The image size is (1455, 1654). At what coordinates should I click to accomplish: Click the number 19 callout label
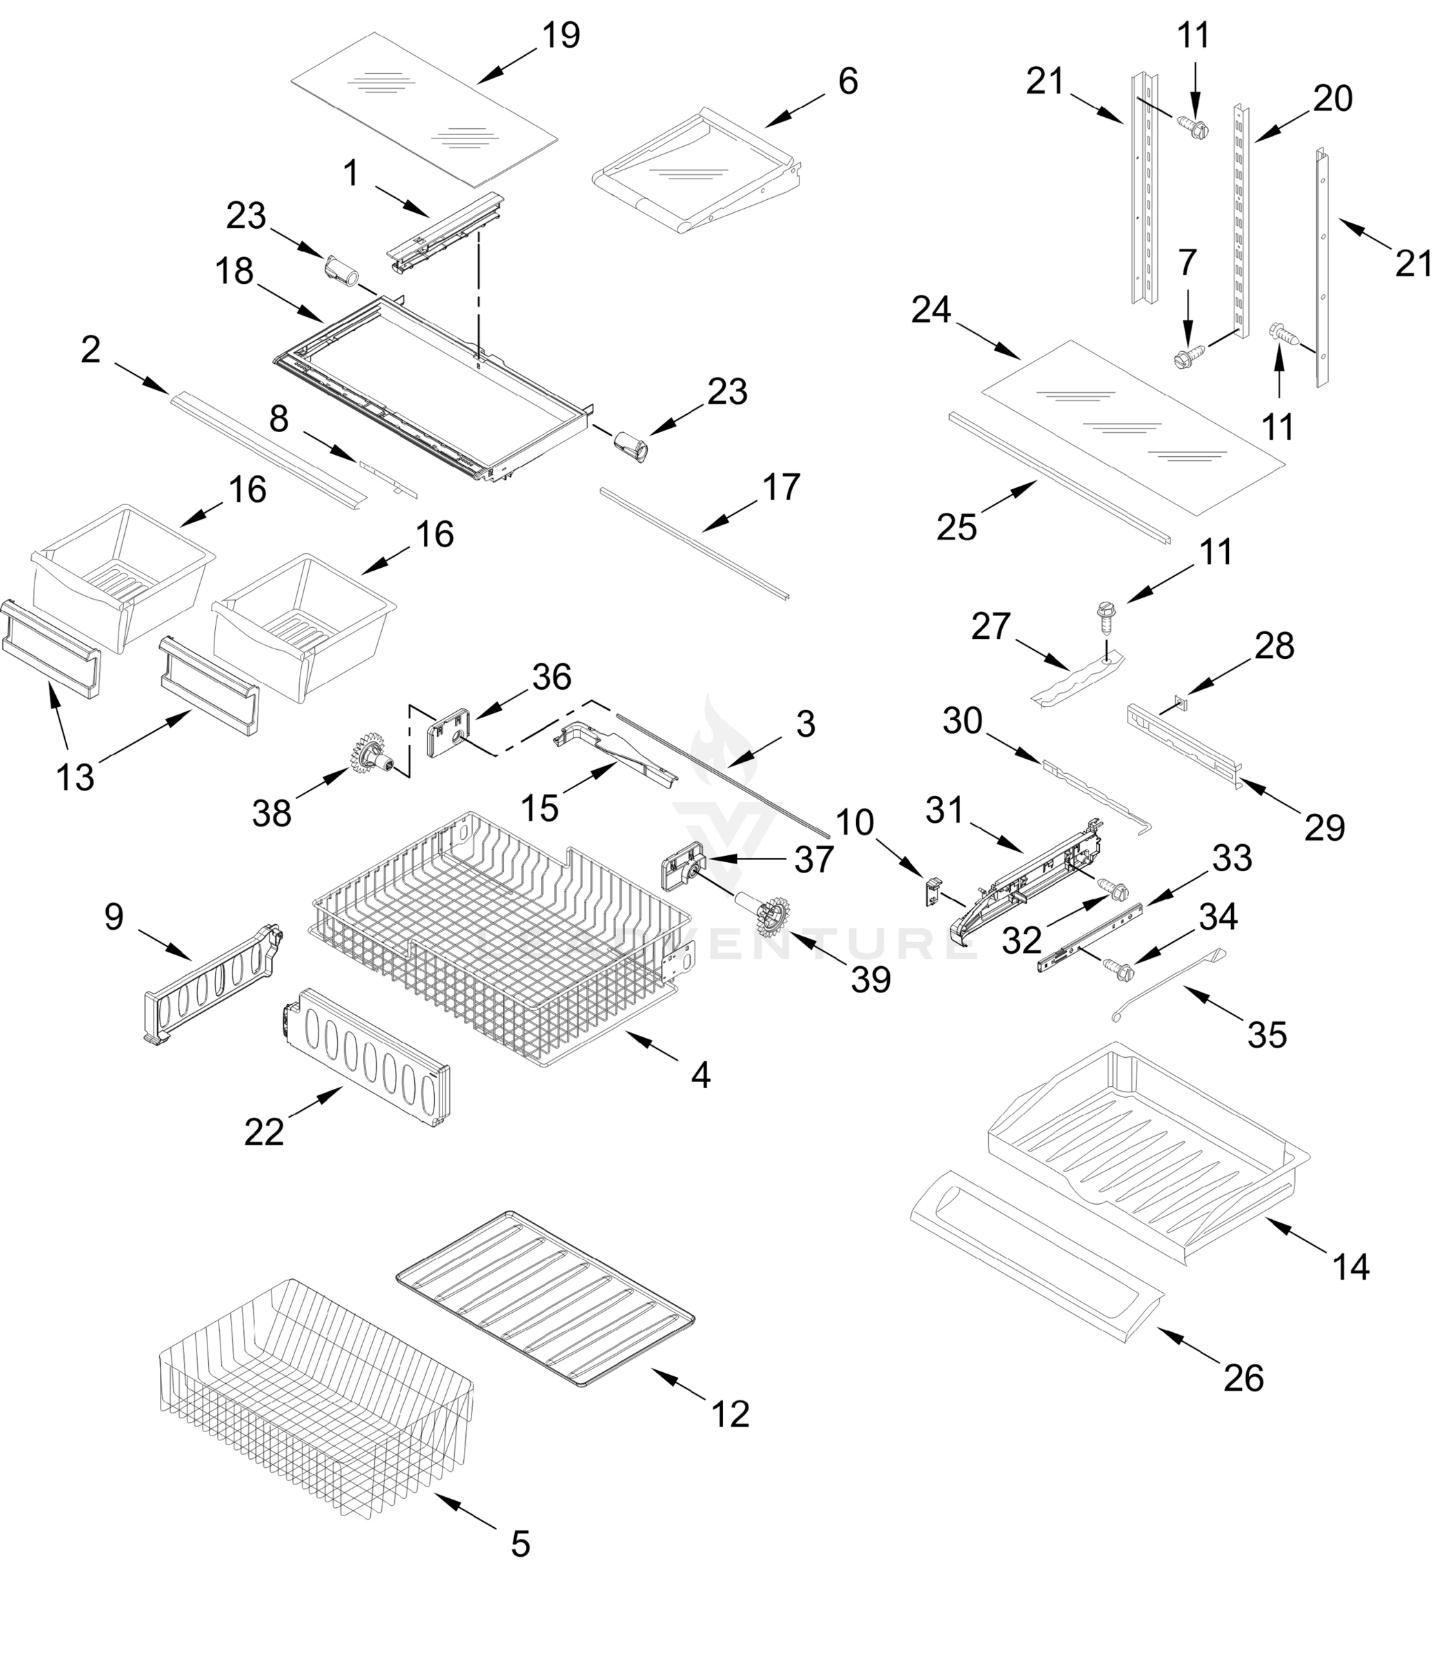click(561, 36)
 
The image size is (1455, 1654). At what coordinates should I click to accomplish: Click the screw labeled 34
click(1117, 966)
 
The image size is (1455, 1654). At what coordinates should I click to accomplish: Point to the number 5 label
click(520, 1544)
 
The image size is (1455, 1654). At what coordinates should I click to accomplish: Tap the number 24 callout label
click(930, 310)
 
